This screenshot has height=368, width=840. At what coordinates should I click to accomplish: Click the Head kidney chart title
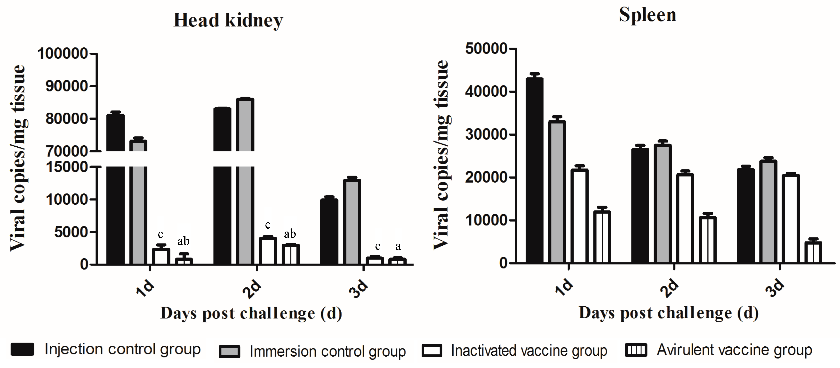pos(228,20)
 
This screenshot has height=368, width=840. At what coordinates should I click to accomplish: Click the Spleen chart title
pos(647,15)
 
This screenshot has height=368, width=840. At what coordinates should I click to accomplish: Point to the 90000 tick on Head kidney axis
pos(67,86)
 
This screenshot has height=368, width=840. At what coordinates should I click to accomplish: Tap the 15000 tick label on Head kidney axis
pos(67,167)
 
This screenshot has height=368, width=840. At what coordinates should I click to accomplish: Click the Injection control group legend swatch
pos(22,349)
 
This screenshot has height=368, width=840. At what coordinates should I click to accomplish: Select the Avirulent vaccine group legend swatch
pos(636,350)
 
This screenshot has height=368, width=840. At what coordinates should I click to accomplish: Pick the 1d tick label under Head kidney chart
pos(145,288)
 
